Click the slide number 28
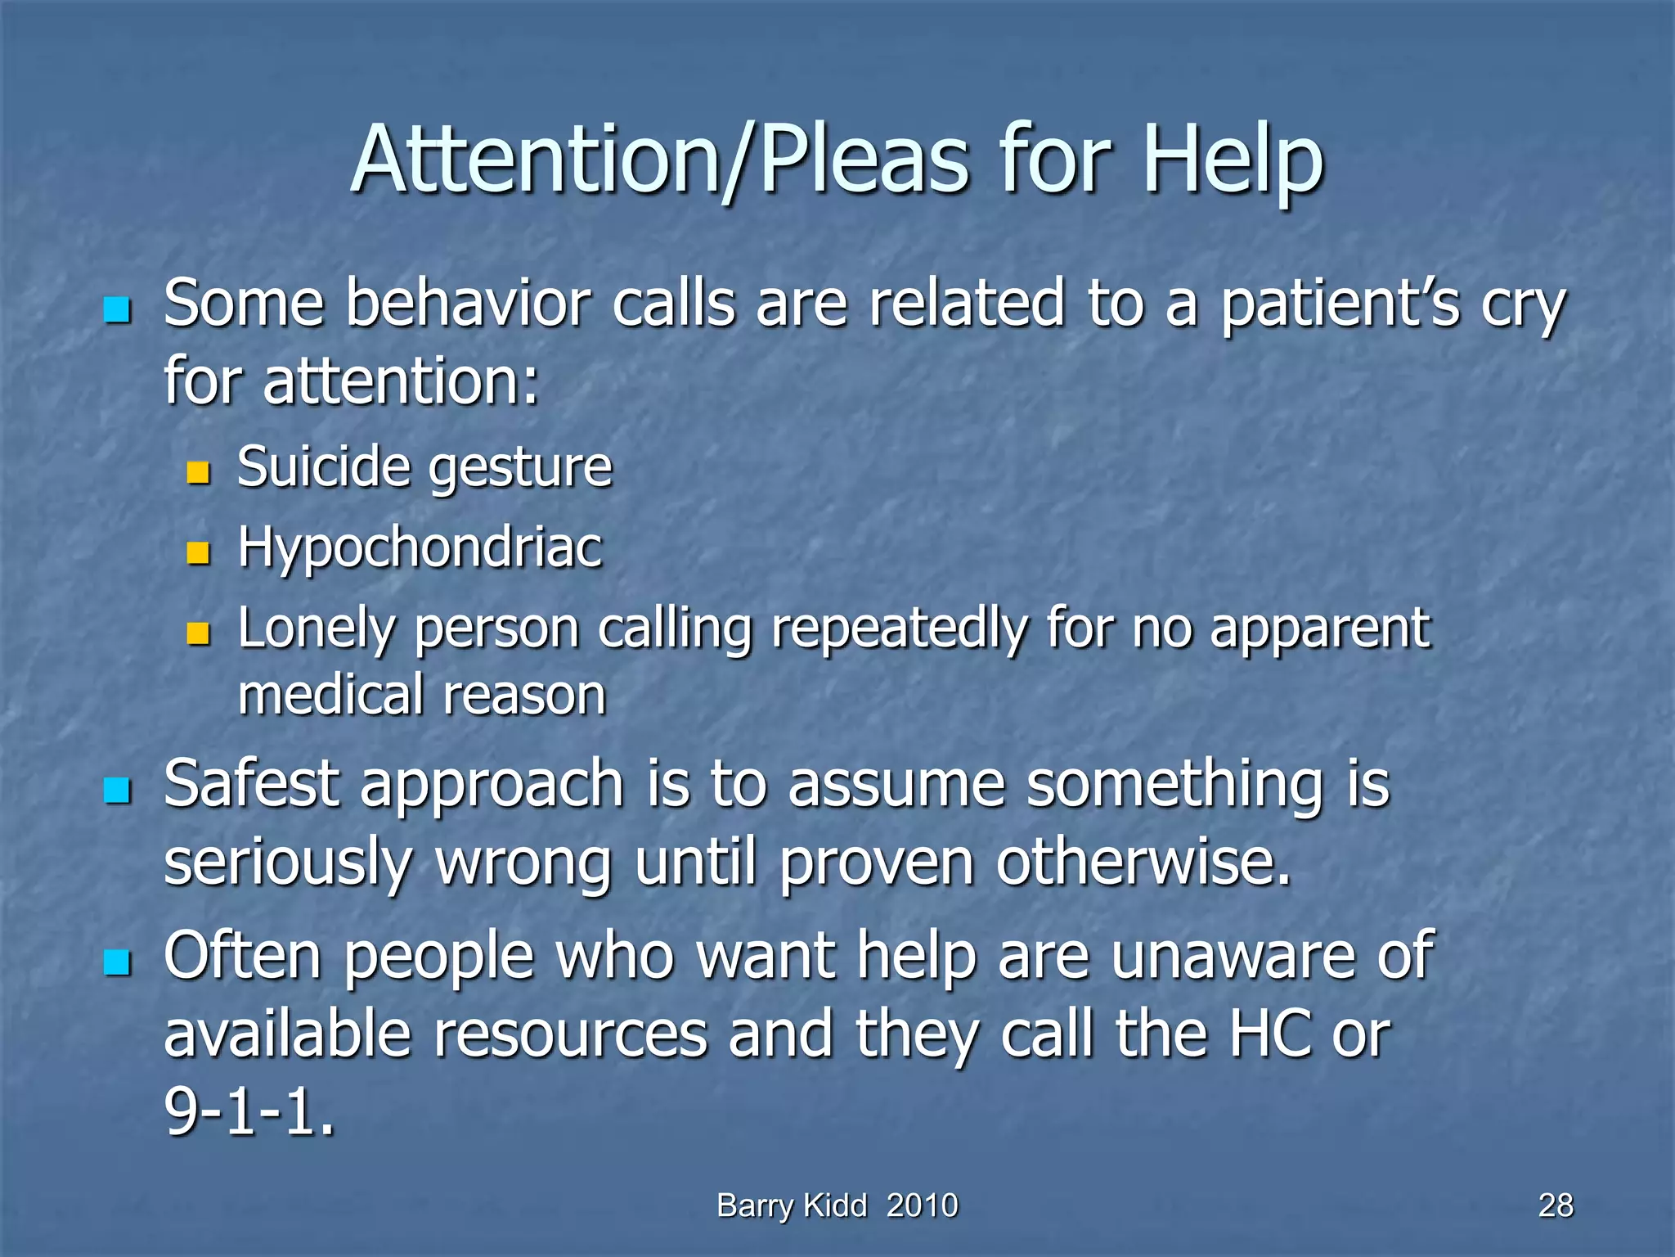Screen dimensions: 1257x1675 point(1555,1205)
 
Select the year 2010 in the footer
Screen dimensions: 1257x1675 point(922,1205)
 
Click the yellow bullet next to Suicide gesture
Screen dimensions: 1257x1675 point(198,472)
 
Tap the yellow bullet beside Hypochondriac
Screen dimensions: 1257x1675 point(198,553)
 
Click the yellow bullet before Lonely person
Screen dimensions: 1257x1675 point(198,633)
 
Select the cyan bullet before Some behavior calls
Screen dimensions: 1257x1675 point(118,310)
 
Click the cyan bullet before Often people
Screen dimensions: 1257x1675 point(118,962)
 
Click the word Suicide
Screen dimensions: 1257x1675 point(323,466)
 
